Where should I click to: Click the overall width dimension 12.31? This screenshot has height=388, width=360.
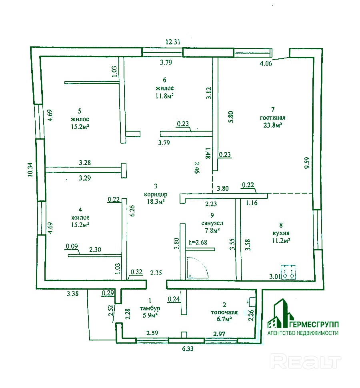coord(173,42)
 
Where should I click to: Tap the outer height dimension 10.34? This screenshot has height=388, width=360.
coord(30,169)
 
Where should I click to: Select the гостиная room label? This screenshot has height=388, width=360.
coord(272,118)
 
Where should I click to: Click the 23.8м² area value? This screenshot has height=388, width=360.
coord(273,125)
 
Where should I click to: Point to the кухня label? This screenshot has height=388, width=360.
coord(281,233)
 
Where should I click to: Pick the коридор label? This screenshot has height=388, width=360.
coord(155,194)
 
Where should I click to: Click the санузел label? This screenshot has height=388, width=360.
coord(212,223)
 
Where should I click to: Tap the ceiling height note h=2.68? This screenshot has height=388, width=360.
coord(198,242)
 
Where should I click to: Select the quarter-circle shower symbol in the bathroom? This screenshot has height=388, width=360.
coord(198,268)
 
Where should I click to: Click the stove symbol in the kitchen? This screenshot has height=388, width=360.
coord(288,272)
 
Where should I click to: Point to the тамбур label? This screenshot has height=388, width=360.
coord(150,308)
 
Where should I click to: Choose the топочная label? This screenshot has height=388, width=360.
coord(224,312)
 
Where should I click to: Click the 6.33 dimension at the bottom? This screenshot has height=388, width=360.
coord(188,349)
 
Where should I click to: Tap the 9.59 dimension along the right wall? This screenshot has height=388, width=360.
coord(307,163)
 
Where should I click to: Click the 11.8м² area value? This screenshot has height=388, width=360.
coord(164,96)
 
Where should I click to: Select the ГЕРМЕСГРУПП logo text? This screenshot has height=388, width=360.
coord(314,324)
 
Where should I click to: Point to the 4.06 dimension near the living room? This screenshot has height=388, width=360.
coord(266,63)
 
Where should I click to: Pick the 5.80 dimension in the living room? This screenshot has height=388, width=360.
coord(230,117)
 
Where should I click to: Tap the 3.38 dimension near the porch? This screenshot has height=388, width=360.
coord(73,294)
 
